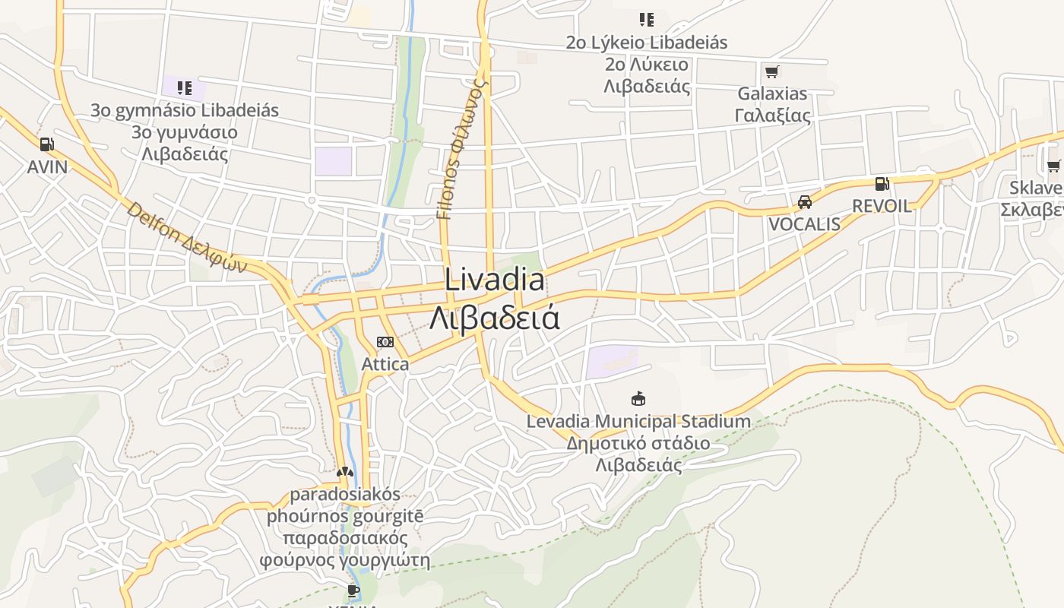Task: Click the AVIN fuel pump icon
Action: click(46, 144)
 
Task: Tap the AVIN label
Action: click(47, 167)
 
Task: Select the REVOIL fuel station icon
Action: click(882, 183)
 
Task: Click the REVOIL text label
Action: click(882, 206)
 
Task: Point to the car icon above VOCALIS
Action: click(804, 202)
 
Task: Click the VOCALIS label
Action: click(804, 224)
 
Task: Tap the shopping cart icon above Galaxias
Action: click(771, 72)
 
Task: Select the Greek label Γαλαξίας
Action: click(772, 116)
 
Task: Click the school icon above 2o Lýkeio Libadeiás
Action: click(646, 20)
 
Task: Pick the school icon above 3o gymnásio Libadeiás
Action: click(184, 88)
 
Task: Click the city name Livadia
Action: click(494, 280)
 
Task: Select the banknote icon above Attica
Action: click(385, 342)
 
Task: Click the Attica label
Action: click(385, 364)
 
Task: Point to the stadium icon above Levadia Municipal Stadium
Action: click(638, 398)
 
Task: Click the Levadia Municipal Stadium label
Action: click(638, 421)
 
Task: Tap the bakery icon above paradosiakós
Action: click(345, 472)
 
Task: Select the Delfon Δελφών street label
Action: click(187, 238)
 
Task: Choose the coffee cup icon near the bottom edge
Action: click(353, 591)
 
